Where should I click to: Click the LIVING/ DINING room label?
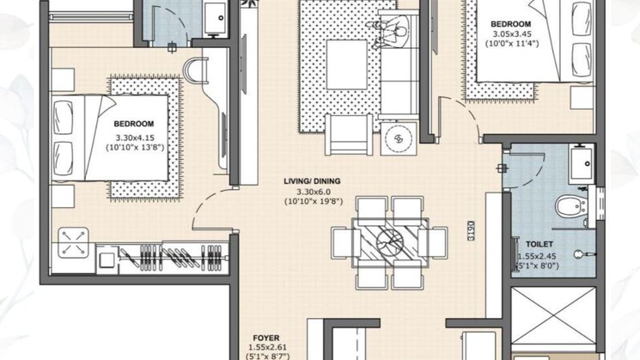312,180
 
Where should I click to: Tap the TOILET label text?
539,244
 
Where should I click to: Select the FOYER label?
266,338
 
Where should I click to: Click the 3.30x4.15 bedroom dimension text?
135,137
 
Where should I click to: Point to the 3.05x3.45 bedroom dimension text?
512,34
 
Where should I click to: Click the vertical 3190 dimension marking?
471,230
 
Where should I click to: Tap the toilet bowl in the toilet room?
571,206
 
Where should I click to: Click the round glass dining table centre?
390,242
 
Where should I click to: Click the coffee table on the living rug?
347,64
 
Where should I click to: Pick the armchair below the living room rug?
349,135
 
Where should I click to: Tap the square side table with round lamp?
399,139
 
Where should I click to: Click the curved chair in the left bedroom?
196,70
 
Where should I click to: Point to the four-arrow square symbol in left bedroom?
74,243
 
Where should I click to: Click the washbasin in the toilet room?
582,163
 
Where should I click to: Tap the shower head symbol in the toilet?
582,254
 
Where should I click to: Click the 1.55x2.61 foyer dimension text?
268,347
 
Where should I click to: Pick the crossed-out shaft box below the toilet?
553,316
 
